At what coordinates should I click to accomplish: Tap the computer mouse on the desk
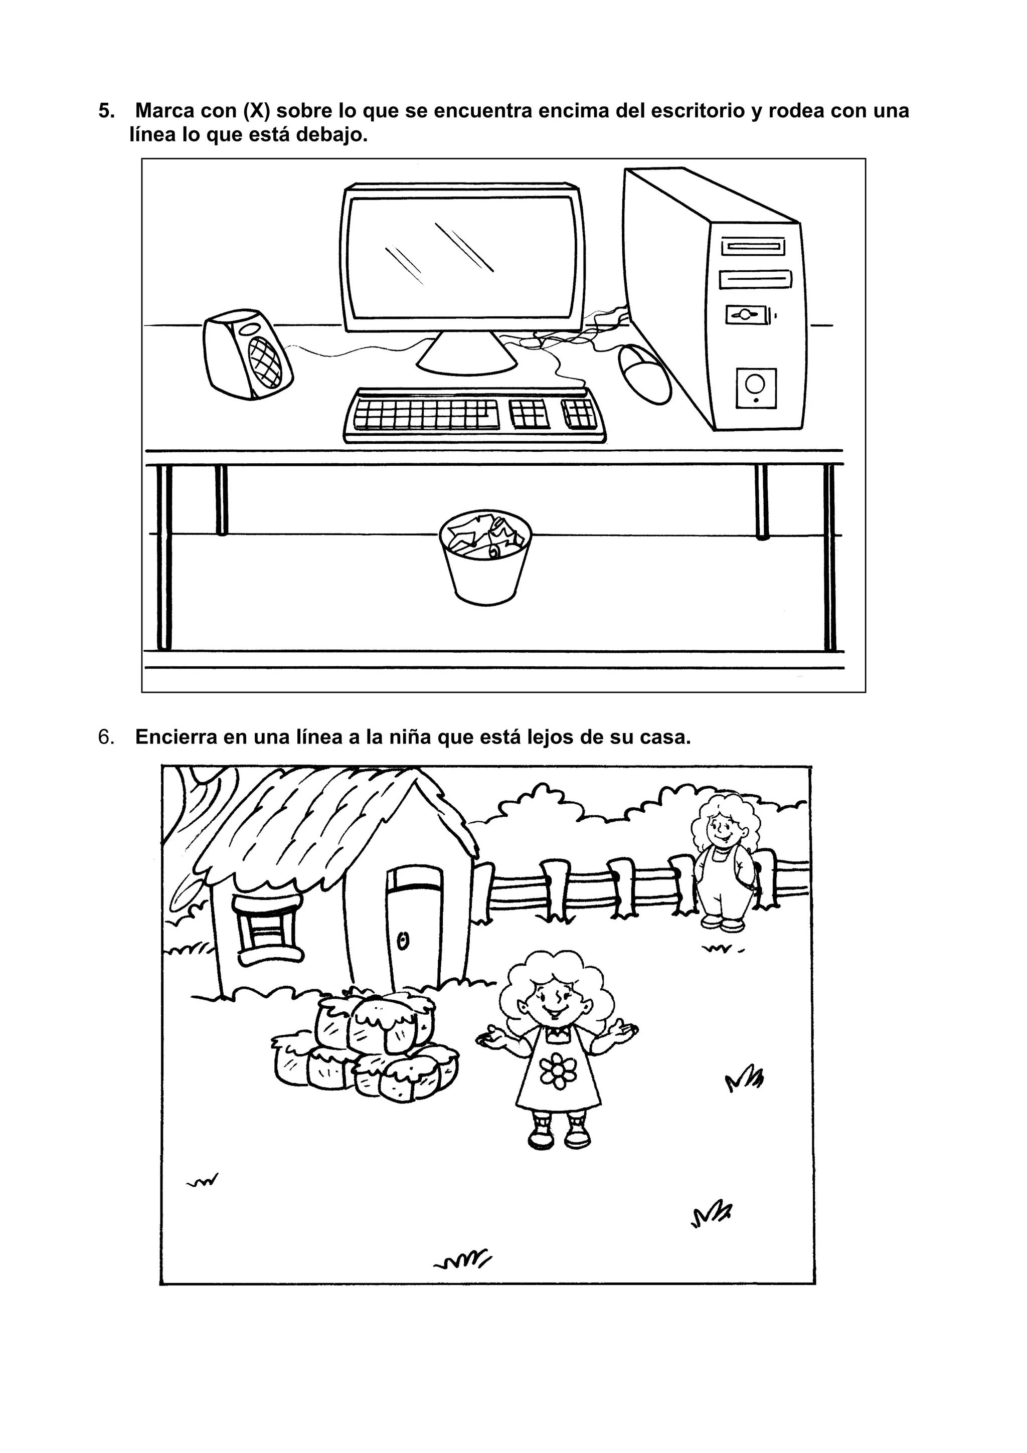point(644,374)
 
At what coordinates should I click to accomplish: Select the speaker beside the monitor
point(247,354)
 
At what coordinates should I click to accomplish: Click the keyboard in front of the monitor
point(474,415)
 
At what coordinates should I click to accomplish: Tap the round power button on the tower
point(755,383)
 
